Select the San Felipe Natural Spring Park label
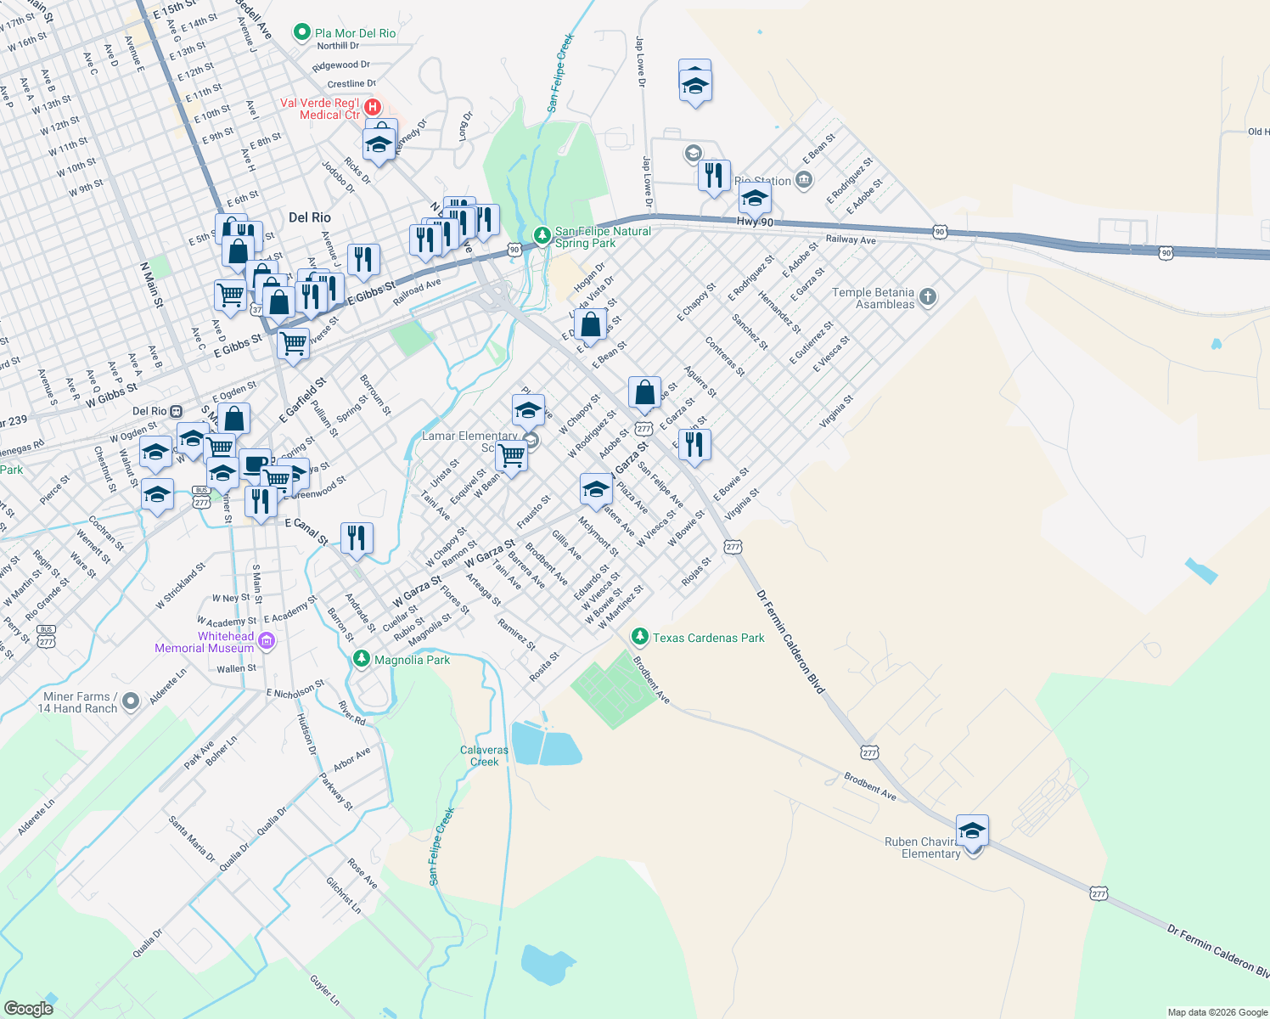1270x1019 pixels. (x=603, y=237)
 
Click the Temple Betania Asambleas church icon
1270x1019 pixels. (x=928, y=297)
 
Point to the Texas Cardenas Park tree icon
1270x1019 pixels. (x=640, y=637)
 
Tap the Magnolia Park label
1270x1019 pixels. (x=412, y=660)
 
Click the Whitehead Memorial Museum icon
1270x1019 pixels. (x=267, y=641)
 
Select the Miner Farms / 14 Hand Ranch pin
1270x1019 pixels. (x=130, y=701)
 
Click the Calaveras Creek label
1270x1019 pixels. (x=484, y=756)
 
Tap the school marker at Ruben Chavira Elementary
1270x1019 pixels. (x=971, y=830)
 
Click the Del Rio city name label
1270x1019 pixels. (x=309, y=217)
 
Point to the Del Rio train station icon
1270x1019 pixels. (x=176, y=411)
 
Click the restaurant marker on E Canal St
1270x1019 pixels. (x=357, y=538)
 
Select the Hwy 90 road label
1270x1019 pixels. (x=755, y=222)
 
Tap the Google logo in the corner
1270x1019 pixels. (x=28, y=1008)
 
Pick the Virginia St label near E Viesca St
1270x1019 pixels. (x=835, y=411)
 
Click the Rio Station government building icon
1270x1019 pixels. (x=804, y=180)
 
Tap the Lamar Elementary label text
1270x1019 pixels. (x=469, y=436)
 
